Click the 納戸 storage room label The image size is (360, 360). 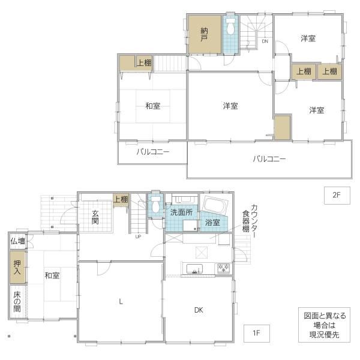(204, 34)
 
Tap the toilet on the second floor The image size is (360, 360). (230, 26)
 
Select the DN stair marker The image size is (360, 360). (265, 41)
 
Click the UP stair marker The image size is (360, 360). (138, 237)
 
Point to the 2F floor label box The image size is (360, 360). (337, 196)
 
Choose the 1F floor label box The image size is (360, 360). (256, 334)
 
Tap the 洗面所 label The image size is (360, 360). (181, 212)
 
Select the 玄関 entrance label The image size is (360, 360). (95, 217)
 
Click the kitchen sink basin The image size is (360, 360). (194, 269)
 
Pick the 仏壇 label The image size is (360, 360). (17, 241)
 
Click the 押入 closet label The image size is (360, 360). (17, 267)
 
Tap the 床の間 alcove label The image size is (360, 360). (17, 301)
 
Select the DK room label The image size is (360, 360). (199, 310)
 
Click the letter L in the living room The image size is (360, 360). (121, 301)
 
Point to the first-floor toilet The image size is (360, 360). (155, 204)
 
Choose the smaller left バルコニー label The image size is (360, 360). (152, 152)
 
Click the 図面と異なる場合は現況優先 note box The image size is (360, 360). (324, 325)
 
